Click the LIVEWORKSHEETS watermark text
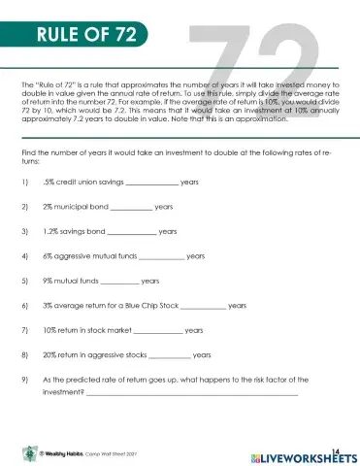click(308, 455)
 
